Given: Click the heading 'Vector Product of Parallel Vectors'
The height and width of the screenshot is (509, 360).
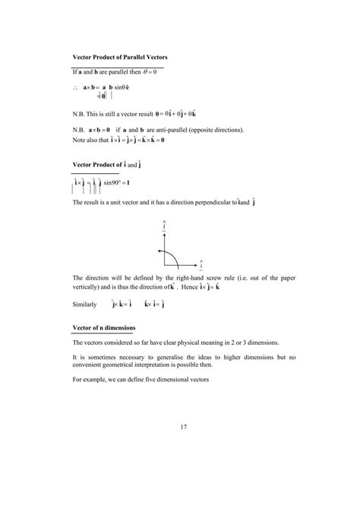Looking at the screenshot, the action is [x=119, y=58].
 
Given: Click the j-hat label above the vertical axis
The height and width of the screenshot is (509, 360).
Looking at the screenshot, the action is [x=164, y=226].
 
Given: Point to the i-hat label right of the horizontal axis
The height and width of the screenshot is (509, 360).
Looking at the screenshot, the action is [x=201, y=266].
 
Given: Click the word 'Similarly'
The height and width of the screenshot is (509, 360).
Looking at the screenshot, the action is [x=85, y=305].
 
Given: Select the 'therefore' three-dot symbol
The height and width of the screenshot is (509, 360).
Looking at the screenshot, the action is [x=75, y=88].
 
